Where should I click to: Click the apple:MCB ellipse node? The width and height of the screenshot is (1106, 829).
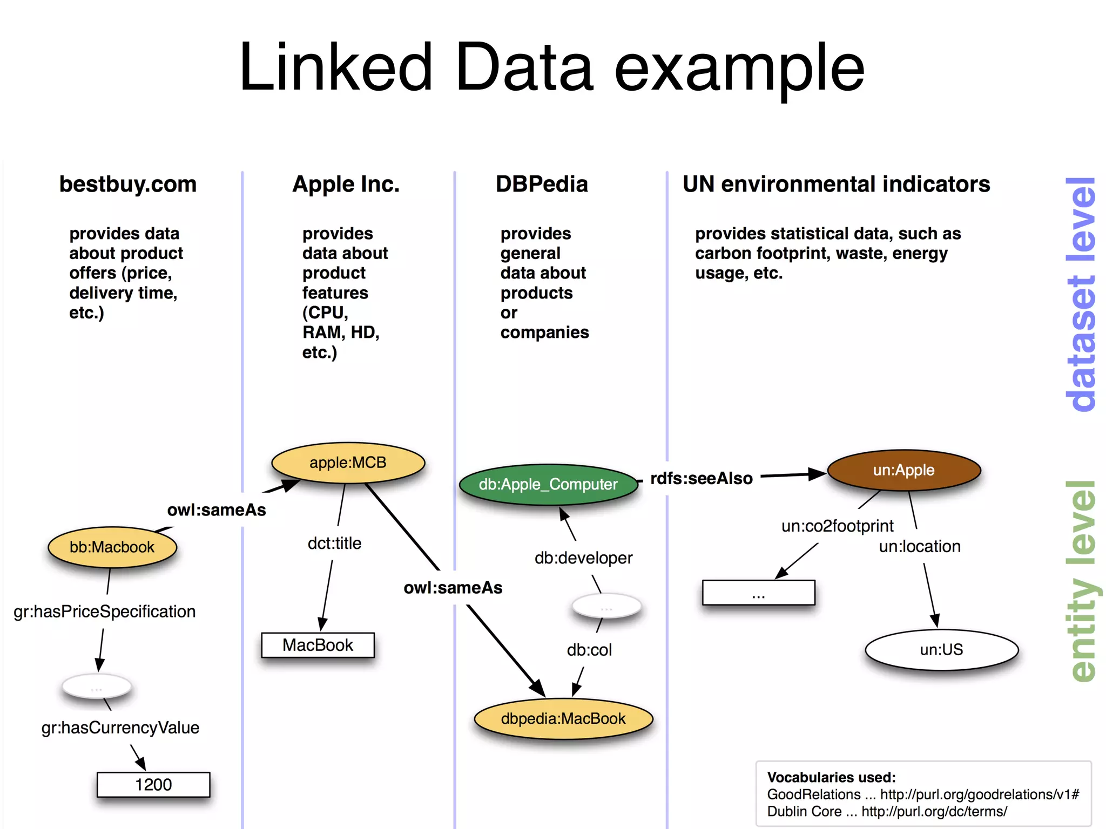click(x=348, y=463)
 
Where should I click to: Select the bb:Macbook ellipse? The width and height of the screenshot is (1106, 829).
click(x=112, y=547)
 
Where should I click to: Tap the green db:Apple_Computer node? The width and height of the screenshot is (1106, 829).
click(x=548, y=484)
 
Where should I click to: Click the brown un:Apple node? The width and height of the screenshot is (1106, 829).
click(x=903, y=470)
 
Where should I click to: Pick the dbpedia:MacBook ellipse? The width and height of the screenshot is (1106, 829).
click(x=563, y=718)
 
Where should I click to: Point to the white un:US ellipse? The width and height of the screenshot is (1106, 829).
click(x=941, y=649)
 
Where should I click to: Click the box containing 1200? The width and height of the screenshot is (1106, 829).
click(x=153, y=784)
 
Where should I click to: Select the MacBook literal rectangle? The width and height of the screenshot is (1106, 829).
click(x=318, y=645)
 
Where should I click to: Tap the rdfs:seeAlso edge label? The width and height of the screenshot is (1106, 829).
click(x=701, y=478)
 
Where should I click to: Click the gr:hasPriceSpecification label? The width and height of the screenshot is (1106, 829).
click(x=104, y=611)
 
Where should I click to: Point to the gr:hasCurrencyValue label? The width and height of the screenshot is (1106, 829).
click(x=120, y=728)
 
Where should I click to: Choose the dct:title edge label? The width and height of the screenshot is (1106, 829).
click(x=334, y=543)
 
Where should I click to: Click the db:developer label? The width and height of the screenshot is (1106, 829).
click(x=583, y=558)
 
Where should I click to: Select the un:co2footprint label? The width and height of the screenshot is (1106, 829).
click(x=837, y=526)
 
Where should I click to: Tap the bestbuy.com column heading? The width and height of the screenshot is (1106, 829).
click(x=128, y=184)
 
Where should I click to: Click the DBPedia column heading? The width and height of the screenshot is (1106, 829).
click(x=542, y=184)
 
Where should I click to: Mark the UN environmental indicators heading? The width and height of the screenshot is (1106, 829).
click(x=836, y=184)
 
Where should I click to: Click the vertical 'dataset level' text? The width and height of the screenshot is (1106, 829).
click(x=1081, y=294)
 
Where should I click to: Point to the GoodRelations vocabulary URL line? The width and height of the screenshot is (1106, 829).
click(x=922, y=794)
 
